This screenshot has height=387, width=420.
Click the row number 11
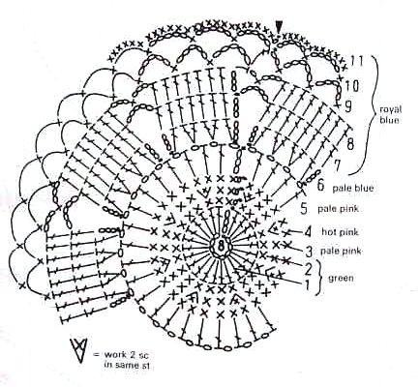[357, 61]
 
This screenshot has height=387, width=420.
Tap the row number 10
[352, 86]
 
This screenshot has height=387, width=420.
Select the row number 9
[347, 106]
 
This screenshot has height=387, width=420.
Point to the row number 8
[350, 144]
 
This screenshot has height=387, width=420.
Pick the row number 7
[337, 165]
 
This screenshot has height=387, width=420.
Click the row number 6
[320, 186]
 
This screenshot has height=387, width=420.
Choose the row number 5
[304, 209]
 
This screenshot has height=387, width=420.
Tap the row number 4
[308, 232]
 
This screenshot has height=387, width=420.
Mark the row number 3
[309, 251]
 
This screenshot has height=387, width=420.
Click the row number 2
[309, 269]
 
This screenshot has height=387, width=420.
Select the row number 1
[307, 284]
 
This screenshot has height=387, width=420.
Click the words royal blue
[390, 115]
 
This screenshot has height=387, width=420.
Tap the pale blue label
[353, 188]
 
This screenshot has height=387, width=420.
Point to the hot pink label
[340, 231]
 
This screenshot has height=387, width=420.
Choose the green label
[341, 278]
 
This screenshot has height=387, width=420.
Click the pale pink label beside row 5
[338, 209]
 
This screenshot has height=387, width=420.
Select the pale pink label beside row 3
[341, 251]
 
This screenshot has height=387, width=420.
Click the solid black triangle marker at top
[279, 26]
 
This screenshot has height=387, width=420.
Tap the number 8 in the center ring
[221, 246]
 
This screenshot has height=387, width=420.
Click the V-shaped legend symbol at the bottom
[79, 350]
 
